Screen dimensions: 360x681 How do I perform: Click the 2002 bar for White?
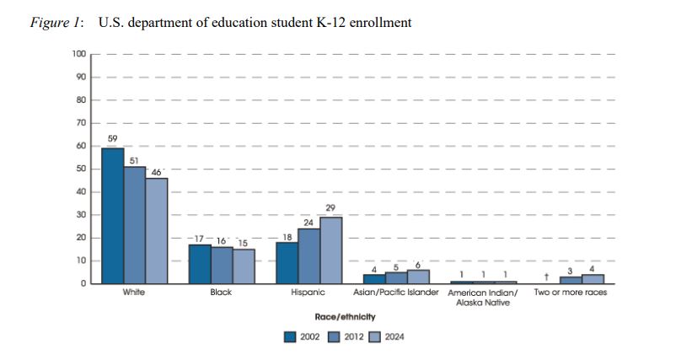[112, 216]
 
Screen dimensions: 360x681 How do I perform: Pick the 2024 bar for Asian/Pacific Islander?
[417, 277]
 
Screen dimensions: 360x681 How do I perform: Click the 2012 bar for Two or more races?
[571, 280]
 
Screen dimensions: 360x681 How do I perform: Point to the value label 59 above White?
[111, 138]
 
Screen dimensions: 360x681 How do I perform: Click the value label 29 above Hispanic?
[330, 207]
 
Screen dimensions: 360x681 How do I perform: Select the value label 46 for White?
[157, 171]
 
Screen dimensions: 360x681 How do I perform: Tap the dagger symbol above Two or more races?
[548, 276]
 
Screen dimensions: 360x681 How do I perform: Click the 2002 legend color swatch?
[291, 336]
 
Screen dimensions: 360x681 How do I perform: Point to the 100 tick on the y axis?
[79, 54]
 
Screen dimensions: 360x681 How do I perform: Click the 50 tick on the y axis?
[81, 169]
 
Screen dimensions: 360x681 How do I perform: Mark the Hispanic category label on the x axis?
[308, 293]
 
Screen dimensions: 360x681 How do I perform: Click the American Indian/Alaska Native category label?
[483, 297]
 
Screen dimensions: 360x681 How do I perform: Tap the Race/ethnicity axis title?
[345, 316]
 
